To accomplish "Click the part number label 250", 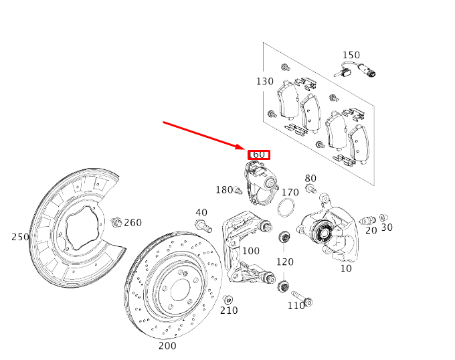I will tap(20, 237).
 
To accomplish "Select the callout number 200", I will tap(167, 346).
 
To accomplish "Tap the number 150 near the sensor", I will tap(351, 55).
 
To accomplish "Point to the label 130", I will tap(264, 81).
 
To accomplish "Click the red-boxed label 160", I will tap(258, 155).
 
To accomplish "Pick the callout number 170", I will tap(290, 193).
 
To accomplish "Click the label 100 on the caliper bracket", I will tap(250, 251).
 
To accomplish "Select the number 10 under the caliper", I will tap(346, 268).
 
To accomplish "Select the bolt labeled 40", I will tap(203, 226).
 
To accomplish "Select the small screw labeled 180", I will tap(238, 191).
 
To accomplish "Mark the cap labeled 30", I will tap(383, 217).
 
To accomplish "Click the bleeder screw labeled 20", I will tap(366, 219).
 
